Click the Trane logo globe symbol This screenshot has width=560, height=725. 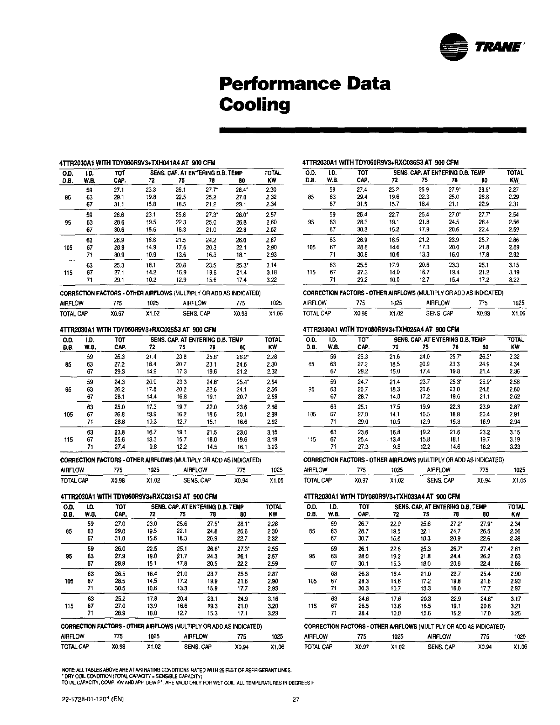(454, 47)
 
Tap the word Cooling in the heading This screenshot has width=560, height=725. (255, 105)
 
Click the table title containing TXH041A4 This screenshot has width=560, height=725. (137, 163)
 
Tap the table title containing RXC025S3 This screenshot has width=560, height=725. (137, 330)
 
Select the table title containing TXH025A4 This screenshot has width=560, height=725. (380, 329)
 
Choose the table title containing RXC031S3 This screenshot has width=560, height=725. (138, 496)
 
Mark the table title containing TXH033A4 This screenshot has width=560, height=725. (381, 496)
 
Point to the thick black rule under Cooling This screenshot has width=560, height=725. (373, 130)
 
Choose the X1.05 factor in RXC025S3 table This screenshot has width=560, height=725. (276, 480)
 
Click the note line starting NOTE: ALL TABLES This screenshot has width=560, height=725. (176, 670)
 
